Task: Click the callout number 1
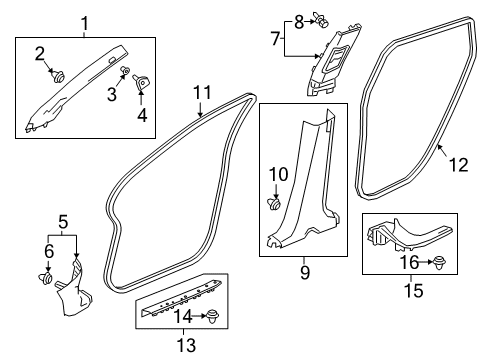(85, 24)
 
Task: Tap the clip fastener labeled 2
(59, 76)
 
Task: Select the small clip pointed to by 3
(126, 70)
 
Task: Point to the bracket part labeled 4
(141, 82)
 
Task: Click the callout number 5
(63, 222)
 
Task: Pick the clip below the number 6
(46, 278)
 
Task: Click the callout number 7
(275, 38)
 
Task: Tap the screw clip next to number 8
(320, 20)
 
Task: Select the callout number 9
(305, 272)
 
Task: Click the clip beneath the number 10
(275, 204)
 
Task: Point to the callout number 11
(203, 93)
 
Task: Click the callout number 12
(459, 165)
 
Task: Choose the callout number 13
(186, 345)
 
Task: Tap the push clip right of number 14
(213, 316)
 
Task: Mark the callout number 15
(414, 290)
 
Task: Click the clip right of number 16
(440, 263)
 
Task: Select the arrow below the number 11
(200, 110)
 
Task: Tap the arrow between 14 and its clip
(199, 316)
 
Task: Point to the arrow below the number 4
(141, 98)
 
